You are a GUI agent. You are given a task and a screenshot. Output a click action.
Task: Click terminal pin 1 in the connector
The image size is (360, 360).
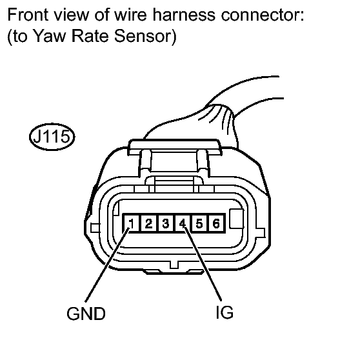(132, 223)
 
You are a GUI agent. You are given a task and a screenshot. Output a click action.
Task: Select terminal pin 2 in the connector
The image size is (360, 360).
(148, 223)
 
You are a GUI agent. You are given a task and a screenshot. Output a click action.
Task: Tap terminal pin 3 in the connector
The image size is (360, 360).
(166, 223)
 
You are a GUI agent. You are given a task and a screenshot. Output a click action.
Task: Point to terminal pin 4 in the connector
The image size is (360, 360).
(183, 223)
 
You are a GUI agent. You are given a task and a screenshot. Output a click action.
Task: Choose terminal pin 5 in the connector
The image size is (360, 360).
(199, 223)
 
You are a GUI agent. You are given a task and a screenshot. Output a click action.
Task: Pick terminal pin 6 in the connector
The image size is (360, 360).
(216, 223)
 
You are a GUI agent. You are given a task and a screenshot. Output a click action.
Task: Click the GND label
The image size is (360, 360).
(86, 314)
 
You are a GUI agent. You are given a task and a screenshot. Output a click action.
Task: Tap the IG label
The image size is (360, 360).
(225, 312)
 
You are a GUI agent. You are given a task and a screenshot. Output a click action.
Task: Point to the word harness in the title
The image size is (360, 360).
(184, 15)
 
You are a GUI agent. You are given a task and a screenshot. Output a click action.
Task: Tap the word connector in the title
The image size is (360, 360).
(263, 15)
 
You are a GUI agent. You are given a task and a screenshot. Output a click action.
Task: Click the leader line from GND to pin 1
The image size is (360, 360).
(108, 265)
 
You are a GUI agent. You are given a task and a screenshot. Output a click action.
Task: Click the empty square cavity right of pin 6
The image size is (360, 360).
(237, 219)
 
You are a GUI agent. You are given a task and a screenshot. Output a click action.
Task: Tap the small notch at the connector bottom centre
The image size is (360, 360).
(174, 265)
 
